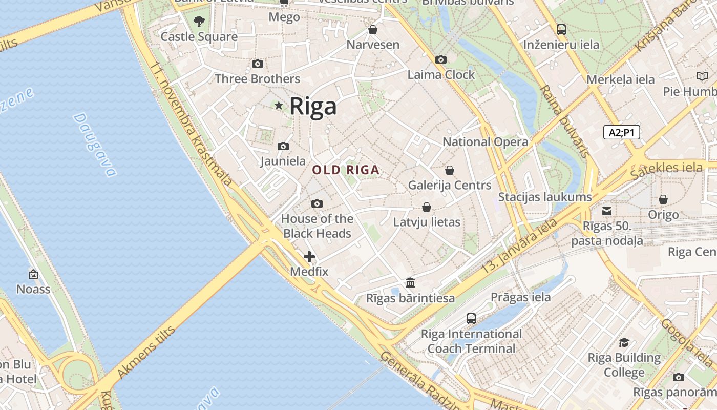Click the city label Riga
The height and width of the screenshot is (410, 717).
(313, 106)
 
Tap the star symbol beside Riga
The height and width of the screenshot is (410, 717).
(279, 106)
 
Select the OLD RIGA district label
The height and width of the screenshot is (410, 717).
(346, 170)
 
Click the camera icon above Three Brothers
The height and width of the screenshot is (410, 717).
(258, 64)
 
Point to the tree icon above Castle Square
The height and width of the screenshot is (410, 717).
(199, 22)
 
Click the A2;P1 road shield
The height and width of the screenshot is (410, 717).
(621, 133)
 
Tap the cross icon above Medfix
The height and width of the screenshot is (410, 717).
(309, 257)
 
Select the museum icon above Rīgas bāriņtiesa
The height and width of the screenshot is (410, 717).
(410, 282)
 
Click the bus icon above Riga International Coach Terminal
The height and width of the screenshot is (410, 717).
(471, 319)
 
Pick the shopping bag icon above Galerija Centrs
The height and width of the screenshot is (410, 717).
(450, 170)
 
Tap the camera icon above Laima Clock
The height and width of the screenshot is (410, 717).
(440, 60)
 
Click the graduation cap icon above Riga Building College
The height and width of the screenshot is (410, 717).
(624, 342)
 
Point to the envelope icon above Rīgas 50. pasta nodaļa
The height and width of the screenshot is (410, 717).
(607, 211)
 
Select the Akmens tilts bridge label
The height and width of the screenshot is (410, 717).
(146, 352)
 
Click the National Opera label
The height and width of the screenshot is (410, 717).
(485, 142)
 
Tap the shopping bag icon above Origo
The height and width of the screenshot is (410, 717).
(663, 199)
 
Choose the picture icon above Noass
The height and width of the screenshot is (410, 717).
(33, 274)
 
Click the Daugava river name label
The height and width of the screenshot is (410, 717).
(95, 145)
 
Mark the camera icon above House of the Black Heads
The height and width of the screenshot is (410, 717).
(317, 204)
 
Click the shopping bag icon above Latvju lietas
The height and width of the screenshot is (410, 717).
(426, 207)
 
